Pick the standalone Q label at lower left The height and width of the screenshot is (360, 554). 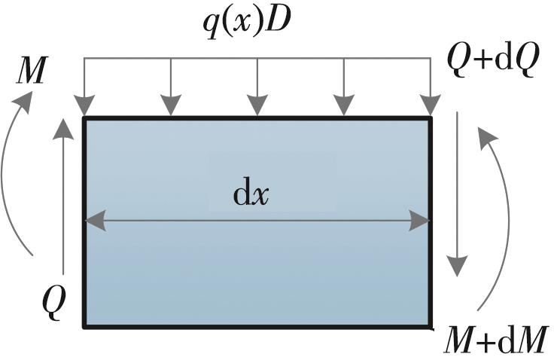pos(54,301)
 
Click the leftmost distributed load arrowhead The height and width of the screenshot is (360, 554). pos(84,108)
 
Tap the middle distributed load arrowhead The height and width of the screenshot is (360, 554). pos(257,108)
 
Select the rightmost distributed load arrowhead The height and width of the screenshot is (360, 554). pos(430,108)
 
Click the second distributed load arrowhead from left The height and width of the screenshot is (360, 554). pos(171,108)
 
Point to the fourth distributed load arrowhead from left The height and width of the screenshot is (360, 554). pos(344,108)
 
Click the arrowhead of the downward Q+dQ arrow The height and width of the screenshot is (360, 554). pos(457,267)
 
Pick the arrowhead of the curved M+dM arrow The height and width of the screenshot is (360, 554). pos(487,135)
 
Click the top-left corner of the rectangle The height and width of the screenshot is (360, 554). pos(84,118)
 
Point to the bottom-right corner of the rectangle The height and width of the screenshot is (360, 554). pos(431,326)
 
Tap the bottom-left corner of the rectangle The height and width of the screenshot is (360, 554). pos(84,326)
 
